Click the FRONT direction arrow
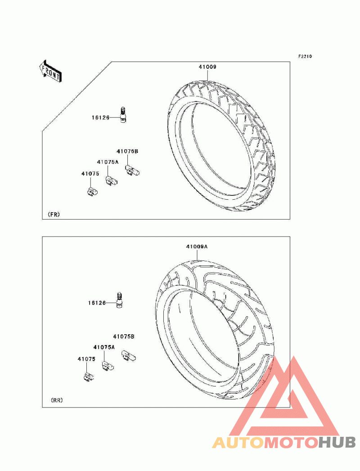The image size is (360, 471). tap(50, 71)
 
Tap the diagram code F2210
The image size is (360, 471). tap(305, 56)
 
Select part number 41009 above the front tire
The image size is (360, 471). tap(207, 67)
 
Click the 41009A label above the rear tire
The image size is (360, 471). tap(197, 247)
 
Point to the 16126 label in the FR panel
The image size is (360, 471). tap(100, 117)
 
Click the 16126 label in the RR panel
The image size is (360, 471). tap(97, 303)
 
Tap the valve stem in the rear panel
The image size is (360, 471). tap(119, 300)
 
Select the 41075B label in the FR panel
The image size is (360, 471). tap(127, 152)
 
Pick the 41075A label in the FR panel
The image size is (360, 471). tap(108, 162)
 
